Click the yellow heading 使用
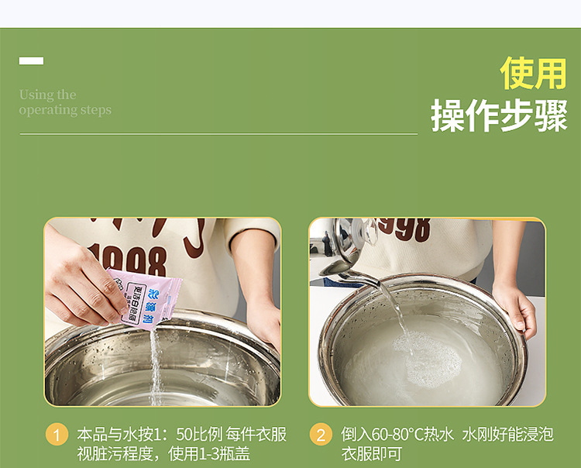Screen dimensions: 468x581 [533, 74]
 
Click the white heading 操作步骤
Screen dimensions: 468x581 [499, 116]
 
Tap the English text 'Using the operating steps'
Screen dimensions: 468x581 [65, 102]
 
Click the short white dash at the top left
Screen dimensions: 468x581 [31, 60]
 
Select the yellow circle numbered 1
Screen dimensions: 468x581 [57, 434]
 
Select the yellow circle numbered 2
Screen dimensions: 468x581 [321, 434]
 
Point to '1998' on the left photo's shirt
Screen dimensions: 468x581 [127, 260]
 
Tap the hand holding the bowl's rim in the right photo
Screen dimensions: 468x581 [515, 306]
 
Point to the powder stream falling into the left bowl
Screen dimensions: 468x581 [155, 364]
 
